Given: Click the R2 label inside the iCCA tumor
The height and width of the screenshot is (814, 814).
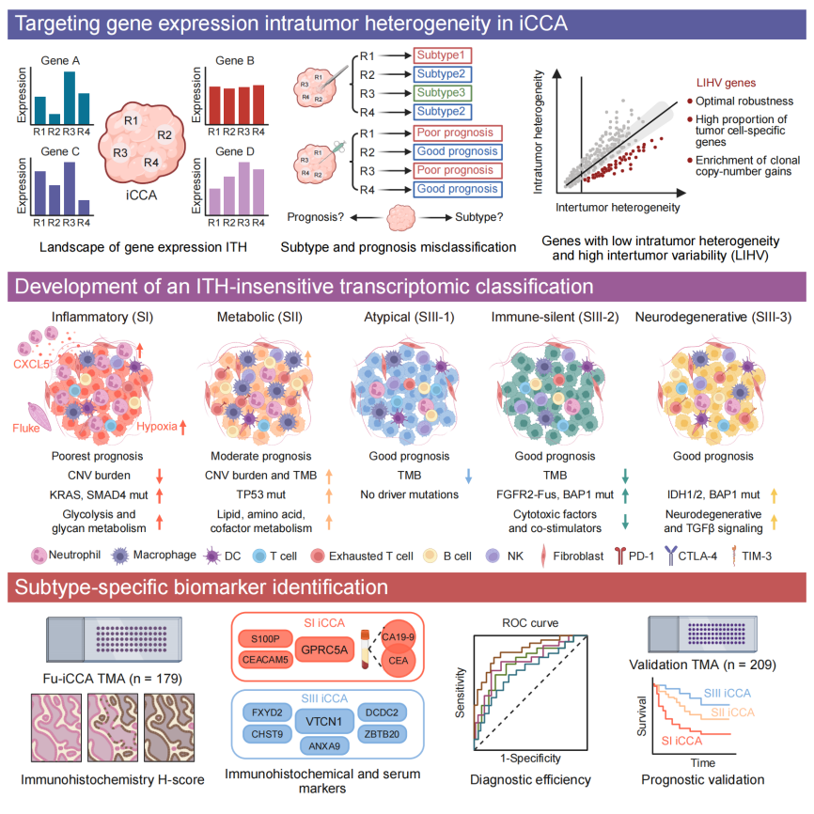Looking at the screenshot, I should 164,135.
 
